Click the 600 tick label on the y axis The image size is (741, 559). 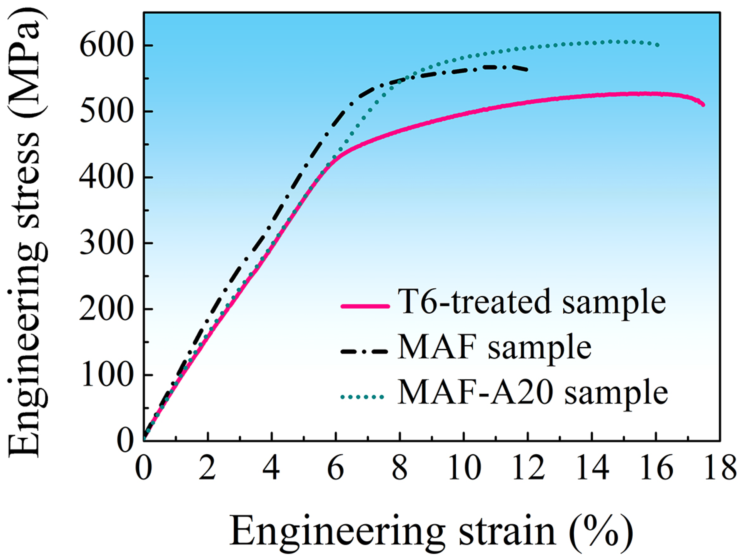point(104,46)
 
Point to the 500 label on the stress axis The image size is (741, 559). point(104,112)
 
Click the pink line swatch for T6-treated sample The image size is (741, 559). point(365,306)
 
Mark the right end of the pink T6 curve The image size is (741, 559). point(703,105)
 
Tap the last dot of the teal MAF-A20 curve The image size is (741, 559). point(658,45)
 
